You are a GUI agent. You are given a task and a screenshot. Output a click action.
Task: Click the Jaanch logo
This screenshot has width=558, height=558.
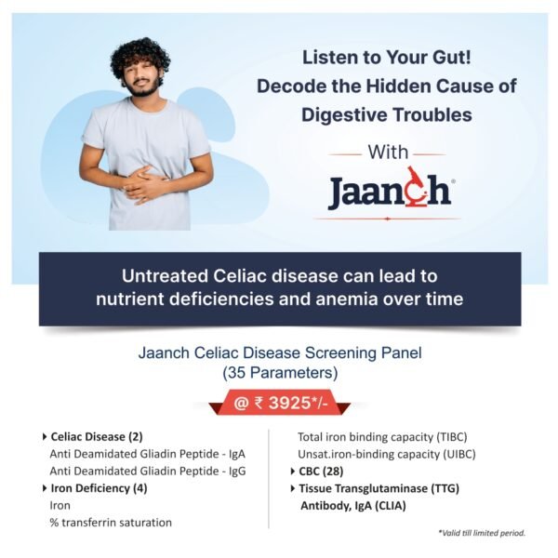(390, 191)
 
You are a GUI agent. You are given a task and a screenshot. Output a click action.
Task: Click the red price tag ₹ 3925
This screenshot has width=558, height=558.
(279, 404)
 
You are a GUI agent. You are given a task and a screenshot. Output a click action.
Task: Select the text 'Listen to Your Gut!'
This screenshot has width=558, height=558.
(387, 56)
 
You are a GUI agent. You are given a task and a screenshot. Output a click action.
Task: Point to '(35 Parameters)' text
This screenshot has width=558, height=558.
(279, 373)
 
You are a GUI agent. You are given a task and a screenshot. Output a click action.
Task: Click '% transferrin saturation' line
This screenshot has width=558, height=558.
(111, 523)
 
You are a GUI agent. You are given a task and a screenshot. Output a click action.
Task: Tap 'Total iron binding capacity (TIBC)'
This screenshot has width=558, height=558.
(383, 436)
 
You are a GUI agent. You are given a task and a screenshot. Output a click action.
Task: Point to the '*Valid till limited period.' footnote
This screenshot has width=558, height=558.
(481, 533)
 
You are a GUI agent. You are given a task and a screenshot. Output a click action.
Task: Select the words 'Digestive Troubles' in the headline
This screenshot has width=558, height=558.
(387, 115)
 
